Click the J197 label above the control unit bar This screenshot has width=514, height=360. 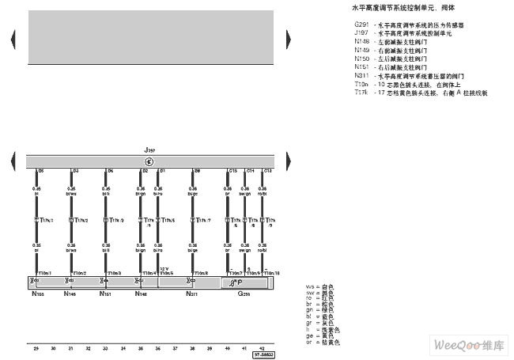coord(149,149)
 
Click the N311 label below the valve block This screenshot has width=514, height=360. coord(191,294)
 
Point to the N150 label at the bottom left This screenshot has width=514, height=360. coord(37,294)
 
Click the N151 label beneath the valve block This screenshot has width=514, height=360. coord(105,294)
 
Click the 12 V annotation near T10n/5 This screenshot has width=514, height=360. coord(164,268)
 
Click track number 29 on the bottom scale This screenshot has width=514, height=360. coord(36,347)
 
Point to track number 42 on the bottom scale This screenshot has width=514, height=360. coord(262,347)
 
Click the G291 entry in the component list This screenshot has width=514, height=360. coord(361,25)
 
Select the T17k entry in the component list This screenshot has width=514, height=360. coord(361,92)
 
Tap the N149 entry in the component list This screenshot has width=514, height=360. coord(361,50)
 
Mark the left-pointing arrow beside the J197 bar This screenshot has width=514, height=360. coord(12,161)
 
